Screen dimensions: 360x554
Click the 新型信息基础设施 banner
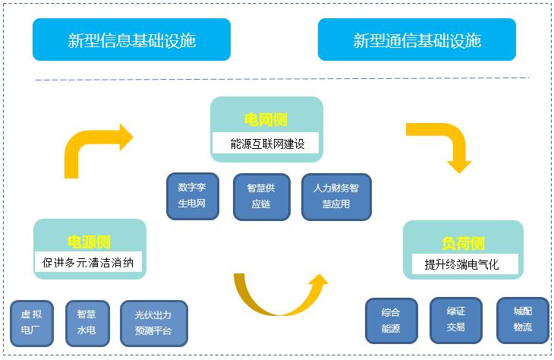pyautogui.click(x=131, y=39)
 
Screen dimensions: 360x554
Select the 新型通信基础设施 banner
pyautogui.click(x=417, y=39)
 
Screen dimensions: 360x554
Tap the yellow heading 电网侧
pyautogui.click(x=266, y=120)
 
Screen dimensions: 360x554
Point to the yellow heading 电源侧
pyautogui.click(x=89, y=242)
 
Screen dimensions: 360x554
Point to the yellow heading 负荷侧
pyautogui.click(x=463, y=243)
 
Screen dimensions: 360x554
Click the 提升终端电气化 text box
pyautogui.click(x=462, y=265)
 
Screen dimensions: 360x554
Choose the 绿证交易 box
pyautogui.click(x=456, y=320)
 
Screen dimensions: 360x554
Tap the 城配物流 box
pyautogui.click(x=523, y=320)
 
